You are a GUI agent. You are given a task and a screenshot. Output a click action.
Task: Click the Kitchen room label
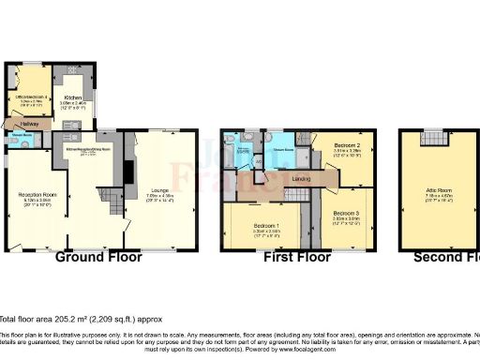coord(74,97)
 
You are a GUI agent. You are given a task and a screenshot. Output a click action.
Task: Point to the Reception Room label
coord(38,196)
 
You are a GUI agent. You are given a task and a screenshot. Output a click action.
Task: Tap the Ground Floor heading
coord(99,257)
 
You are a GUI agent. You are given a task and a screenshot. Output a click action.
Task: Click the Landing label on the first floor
coord(302,178)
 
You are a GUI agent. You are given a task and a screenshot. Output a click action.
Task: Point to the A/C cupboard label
coord(259,160)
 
